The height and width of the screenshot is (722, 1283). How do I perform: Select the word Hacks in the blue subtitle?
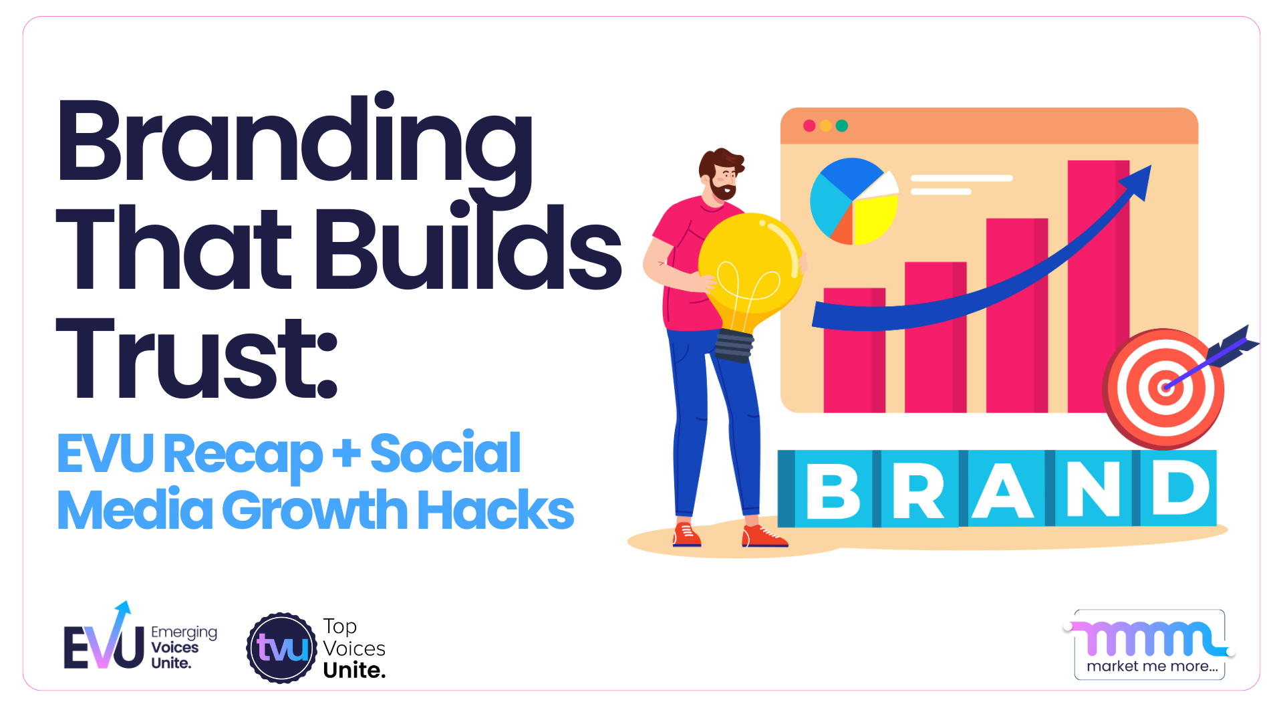pyautogui.click(x=496, y=510)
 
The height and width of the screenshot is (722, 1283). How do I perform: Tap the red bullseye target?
pyautogui.click(x=1164, y=388)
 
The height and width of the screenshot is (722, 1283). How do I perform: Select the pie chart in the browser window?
pyautogui.click(x=853, y=201)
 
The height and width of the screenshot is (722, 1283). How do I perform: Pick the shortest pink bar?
pyautogui.click(x=854, y=350)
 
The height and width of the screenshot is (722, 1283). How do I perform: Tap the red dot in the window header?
pyautogui.click(x=809, y=126)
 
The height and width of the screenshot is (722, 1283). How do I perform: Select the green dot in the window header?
pyautogui.click(x=842, y=126)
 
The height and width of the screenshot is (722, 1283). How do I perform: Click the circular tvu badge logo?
pyautogui.click(x=282, y=648)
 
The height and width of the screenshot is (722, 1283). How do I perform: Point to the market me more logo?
pyautogui.click(x=1149, y=644)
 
